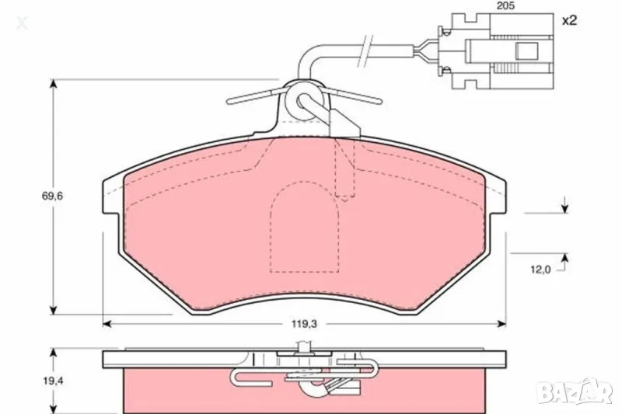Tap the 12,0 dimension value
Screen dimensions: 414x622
point(541,269)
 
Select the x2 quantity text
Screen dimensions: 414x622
point(569,21)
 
